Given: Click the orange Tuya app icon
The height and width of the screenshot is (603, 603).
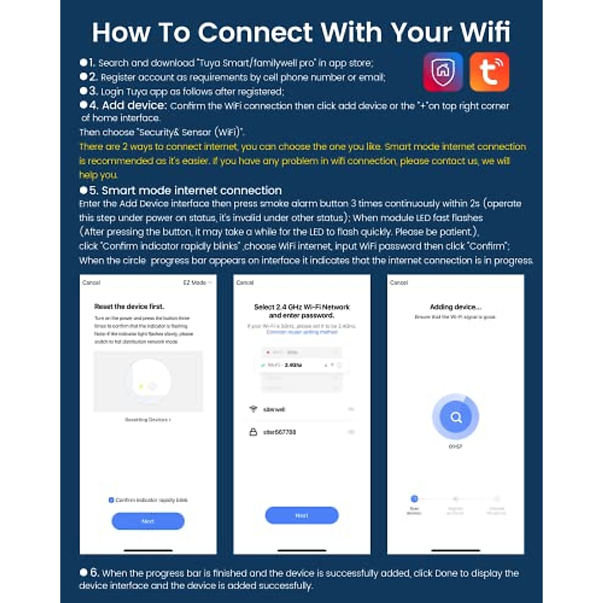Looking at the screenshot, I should click(489, 72).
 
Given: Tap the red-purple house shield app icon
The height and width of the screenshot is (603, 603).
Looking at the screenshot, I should click(443, 72).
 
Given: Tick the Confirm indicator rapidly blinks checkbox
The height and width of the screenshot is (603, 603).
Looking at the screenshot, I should click(111, 500).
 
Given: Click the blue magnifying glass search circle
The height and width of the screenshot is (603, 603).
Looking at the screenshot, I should click(456, 417).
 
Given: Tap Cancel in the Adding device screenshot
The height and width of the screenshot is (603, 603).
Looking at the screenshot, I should click(398, 282).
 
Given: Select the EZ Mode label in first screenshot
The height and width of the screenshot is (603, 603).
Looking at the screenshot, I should click(195, 282).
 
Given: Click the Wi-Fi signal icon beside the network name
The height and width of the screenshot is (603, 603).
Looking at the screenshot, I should click(253, 409).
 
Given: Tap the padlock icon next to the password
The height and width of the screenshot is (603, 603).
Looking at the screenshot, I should click(253, 432).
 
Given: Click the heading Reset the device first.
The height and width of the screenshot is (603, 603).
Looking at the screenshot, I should click(129, 306).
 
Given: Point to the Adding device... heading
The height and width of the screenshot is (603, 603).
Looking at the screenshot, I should click(455, 307).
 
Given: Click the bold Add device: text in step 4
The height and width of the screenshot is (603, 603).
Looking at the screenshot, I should click(134, 106).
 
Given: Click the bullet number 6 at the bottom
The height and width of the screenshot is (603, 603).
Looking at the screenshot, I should click(94, 572).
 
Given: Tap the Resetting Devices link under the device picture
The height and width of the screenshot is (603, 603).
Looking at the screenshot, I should click(148, 420).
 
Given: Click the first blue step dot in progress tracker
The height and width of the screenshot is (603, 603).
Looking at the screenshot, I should click(414, 498).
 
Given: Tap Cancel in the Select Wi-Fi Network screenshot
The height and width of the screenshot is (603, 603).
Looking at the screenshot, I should click(245, 282).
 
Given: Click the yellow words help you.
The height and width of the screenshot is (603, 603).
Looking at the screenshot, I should click(98, 175).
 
